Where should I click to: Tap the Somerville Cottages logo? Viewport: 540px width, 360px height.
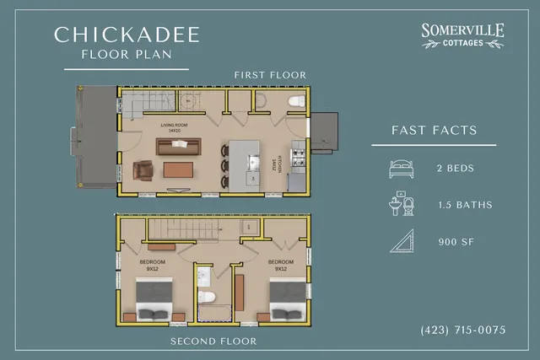coord(463,35)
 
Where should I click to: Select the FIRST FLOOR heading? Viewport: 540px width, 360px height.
coord(270,75)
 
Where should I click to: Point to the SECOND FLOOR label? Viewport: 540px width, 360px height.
coord(213,341)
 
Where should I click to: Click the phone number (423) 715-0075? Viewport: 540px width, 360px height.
coord(463,329)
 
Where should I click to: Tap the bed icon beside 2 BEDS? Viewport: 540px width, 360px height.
coord(401,167)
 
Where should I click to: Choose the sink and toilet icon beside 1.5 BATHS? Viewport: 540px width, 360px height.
coord(401,205)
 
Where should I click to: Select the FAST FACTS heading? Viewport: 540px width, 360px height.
coord(435,131)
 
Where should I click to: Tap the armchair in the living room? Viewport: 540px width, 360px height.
coord(144,171)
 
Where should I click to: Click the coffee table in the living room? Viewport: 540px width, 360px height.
coord(178,170)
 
